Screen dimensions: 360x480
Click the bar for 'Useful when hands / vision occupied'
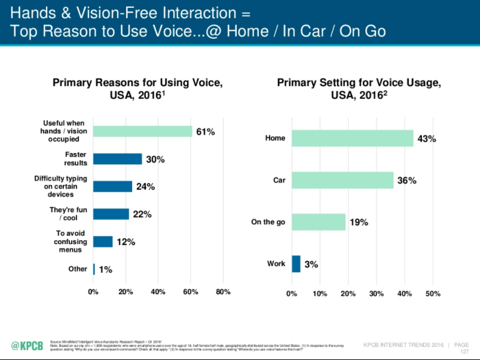click(143, 132)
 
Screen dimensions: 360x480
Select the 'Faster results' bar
click(118, 159)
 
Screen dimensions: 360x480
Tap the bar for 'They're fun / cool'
click(111, 214)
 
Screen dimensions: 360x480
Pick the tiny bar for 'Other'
click(94, 269)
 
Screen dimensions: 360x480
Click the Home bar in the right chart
click(352, 138)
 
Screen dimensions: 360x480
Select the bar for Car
click(343, 180)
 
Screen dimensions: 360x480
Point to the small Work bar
click(296, 264)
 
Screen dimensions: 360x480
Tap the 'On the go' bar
click(319, 222)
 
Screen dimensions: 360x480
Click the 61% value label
click(206, 132)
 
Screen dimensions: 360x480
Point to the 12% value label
click(126, 242)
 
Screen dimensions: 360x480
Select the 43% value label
click(427, 139)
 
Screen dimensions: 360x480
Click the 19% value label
click(359, 222)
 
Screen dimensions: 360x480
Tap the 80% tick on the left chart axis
click(222, 292)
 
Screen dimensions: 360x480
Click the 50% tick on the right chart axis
click(432, 294)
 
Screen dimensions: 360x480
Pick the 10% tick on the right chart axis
click(320, 294)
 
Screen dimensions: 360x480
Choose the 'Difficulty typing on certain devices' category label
click(60, 187)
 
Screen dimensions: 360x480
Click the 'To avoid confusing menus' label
click(71, 242)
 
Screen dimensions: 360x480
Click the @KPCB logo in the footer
click(27, 346)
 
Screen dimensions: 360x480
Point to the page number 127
click(464, 351)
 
